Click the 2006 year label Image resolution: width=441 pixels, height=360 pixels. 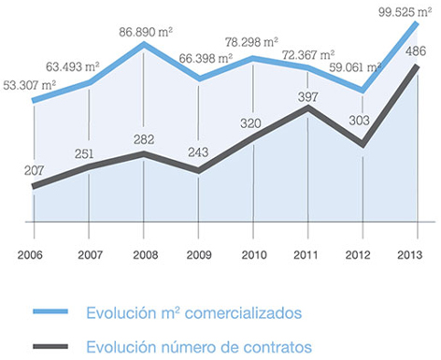[x=30, y=255]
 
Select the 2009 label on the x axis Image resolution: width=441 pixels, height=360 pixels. [x=199, y=255]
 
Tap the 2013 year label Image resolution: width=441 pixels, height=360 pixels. [x=410, y=255]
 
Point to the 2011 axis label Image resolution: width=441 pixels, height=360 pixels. [x=306, y=255]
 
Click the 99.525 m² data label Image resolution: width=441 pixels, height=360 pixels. [x=405, y=12]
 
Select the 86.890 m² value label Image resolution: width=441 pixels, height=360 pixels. [x=146, y=32]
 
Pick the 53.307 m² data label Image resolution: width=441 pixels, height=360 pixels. [x=30, y=85]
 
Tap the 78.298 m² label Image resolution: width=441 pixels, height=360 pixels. [x=251, y=42]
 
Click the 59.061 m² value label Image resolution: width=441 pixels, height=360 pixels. [x=355, y=67]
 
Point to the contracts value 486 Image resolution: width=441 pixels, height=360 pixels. [x=416, y=51]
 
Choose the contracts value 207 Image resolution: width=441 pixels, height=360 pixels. [x=34, y=170]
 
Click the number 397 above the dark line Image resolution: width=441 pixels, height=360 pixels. [x=307, y=97]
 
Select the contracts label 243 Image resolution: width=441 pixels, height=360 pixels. [x=198, y=152]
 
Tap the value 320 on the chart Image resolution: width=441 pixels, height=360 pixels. [x=250, y=123]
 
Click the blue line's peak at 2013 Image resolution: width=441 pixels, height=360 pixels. [x=417, y=23]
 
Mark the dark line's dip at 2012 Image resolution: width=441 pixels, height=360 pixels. [x=363, y=145]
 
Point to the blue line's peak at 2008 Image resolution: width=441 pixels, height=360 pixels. [x=144, y=44]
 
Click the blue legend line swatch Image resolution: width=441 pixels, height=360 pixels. [x=50, y=311]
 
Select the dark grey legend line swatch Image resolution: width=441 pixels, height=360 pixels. [x=50, y=346]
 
